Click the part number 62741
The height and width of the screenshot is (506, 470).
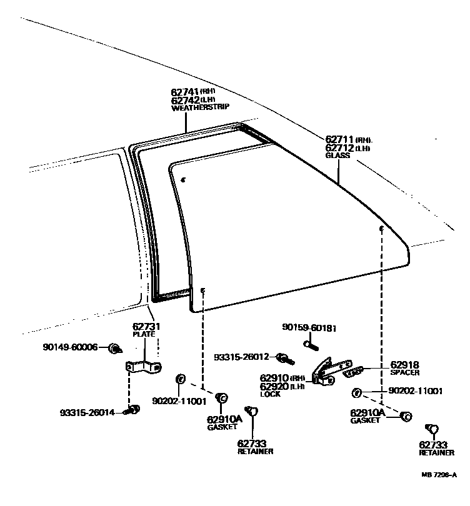[x=185, y=91]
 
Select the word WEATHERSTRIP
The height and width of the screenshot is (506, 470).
[x=196, y=108]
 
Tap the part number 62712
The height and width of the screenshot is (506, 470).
[x=339, y=148]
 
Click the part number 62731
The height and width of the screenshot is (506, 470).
[x=146, y=326]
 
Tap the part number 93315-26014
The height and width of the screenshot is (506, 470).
[x=87, y=412]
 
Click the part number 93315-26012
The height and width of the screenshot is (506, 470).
[x=241, y=357]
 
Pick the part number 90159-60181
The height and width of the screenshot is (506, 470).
[x=309, y=327]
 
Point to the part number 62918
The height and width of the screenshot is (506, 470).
[x=404, y=365]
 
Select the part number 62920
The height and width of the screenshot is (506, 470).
[x=274, y=387]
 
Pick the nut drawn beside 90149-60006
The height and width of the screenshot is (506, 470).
[x=115, y=347]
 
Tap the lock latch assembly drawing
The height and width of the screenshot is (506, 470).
[x=328, y=371]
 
